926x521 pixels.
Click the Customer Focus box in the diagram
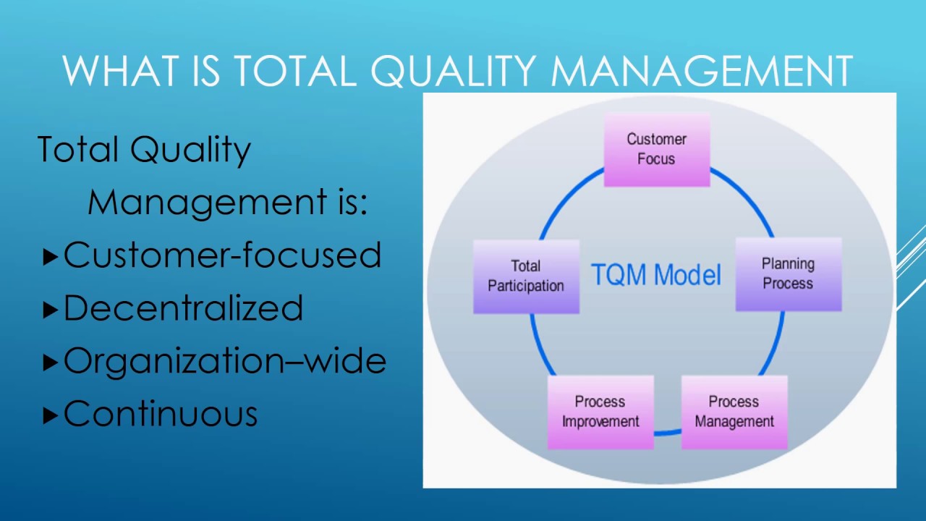tap(656, 150)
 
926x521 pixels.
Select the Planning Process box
tap(788, 274)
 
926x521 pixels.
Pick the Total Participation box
tap(526, 276)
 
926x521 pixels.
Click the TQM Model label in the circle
tap(656, 275)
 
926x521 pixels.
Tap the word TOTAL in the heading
tap(294, 72)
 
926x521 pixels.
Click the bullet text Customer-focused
tap(222, 255)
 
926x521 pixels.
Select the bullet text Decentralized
tap(183, 308)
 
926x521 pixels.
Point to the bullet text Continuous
tap(161, 414)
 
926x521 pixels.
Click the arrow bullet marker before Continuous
tap(50, 415)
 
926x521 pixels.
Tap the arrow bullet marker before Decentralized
tap(50, 310)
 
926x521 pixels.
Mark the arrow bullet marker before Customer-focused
tap(50, 256)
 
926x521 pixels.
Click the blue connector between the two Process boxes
tap(668, 433)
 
